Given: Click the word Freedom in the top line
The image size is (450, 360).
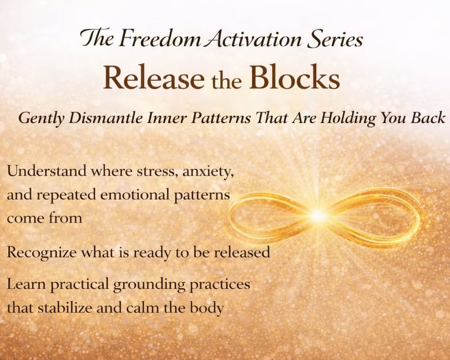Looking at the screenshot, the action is [x=159, y=39].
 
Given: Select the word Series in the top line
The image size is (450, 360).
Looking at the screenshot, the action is [x=335, y=39].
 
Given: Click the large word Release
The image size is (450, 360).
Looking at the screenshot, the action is [x=154, y=78].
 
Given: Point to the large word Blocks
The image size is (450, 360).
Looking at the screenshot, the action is [x=295, y=77].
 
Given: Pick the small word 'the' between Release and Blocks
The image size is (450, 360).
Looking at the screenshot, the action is [x=226, y=81].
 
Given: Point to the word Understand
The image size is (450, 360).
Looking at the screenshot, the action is [x=46, y=171].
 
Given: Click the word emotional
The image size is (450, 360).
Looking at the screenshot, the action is [x=135, y=195].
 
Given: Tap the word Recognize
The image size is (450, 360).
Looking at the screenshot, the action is [x=42, y=253].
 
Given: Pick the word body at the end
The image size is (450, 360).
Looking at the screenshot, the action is [x=207, y=308].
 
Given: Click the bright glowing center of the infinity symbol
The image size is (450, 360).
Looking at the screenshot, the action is [x=318, y=215].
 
